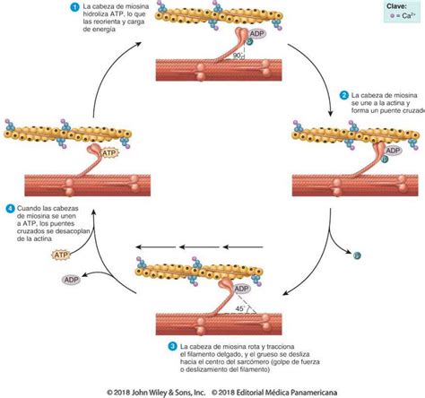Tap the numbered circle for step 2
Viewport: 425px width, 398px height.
point(344,95)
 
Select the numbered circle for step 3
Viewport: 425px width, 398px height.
point(172,346)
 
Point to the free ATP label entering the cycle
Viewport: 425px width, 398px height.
point(61,255)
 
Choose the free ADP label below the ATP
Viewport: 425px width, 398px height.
point(72,280)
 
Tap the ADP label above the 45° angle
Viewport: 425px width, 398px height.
point(241,289)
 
